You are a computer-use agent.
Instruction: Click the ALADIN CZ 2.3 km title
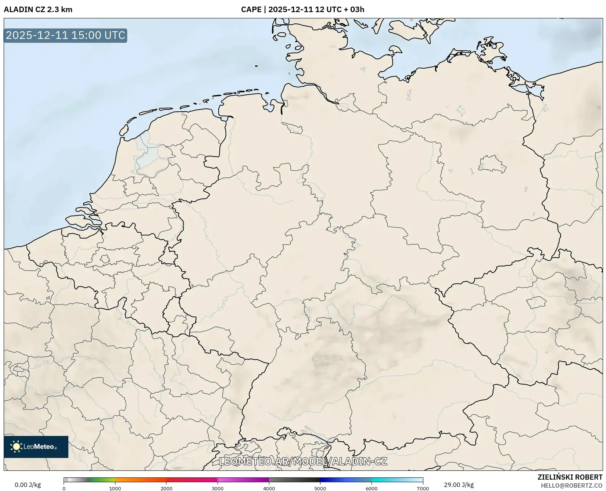38,10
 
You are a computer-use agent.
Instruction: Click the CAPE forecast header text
302,10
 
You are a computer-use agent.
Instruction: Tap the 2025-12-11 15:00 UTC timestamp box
65,35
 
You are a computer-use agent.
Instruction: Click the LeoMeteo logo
36,447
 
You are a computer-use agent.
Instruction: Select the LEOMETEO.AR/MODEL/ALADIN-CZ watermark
303,461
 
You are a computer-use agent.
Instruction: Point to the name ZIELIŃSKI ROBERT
570,477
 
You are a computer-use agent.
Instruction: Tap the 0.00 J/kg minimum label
28,485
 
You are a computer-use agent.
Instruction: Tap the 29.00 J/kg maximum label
459,485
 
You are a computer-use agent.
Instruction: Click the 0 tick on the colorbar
64,488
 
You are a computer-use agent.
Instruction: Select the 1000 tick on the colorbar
115,488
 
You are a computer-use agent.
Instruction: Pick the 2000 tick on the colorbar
166,488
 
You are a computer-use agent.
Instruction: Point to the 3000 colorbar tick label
218,488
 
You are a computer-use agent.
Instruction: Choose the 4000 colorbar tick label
269,488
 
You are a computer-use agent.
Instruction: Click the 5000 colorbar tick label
320,488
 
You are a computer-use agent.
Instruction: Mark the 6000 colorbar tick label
372,488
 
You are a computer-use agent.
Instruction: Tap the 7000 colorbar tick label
423,488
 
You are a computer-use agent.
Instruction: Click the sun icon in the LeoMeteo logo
16,447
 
